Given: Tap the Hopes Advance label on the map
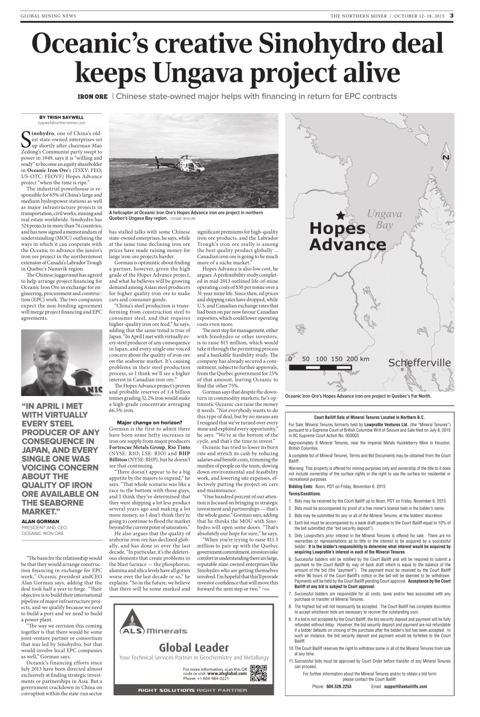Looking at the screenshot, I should (346, 237).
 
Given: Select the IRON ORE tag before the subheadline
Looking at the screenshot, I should (92, 96).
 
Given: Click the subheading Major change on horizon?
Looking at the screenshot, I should (143, 422).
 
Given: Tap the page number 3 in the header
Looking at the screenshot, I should (451, 15).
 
